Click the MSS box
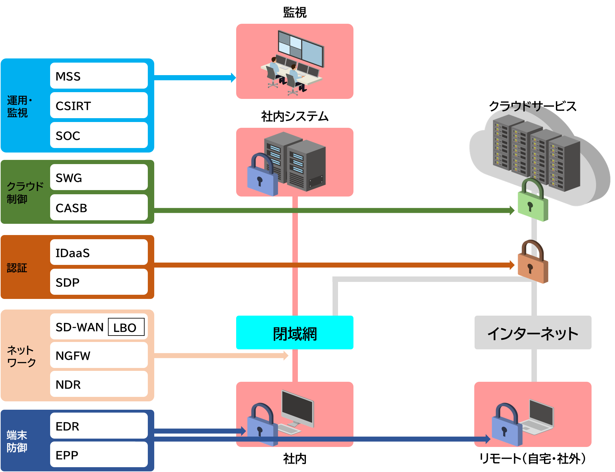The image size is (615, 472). [x=99, y=76]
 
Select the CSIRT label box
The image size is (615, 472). [x=99, y=105]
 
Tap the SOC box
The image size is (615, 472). [x=99, y=135]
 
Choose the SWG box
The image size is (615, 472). [x=99, y=177]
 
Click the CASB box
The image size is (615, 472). [x=99, y=207]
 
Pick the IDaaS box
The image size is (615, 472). [x=99, y=252]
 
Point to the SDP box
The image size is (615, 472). [x=99, y=282]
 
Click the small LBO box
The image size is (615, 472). [x=126, y=327]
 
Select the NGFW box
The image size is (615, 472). [x=99, y=355]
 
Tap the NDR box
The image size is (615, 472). [x=99, y=384]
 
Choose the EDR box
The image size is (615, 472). [x=99, y=426]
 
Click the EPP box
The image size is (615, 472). [x=99, y=455]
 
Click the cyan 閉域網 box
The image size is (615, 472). [x=295, y=333]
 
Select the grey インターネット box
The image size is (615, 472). [x=533, y=333]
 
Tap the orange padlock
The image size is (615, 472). [x=532, y=263]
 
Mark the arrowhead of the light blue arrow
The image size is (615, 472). [x=234, y=78]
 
